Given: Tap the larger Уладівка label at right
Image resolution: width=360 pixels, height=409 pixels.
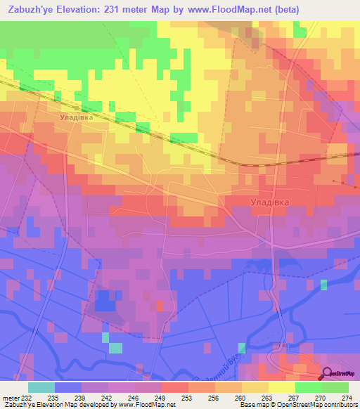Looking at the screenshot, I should click(x=270, y=202).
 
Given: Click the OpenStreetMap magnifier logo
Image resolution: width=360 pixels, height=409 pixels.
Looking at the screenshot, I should click(x=328, y=374).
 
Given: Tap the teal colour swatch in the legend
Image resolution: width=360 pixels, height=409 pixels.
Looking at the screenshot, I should click(x=41, y=387).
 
